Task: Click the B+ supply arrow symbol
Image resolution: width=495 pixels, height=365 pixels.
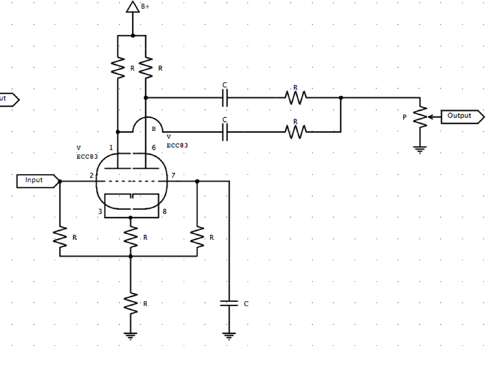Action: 132,7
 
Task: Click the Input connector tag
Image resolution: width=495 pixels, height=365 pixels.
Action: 37,181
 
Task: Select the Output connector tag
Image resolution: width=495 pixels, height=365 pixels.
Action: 462,116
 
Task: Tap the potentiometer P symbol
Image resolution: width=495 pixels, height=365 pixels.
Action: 422,116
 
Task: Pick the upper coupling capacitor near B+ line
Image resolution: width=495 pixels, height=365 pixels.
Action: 225,98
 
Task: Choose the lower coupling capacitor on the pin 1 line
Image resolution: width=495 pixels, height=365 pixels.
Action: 225,131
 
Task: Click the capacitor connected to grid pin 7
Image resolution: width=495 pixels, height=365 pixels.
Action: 230,304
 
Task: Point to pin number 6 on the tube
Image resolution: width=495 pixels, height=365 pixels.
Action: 153,148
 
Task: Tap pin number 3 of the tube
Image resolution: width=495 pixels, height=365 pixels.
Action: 101,211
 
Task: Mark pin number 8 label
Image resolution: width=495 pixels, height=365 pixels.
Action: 165,211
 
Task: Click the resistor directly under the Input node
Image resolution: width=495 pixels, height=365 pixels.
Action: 60,237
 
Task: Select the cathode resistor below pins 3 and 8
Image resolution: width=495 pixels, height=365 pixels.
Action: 131,237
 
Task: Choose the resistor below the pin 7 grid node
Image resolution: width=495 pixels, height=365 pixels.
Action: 197,237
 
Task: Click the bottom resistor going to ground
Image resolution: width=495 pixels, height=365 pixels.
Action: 131,303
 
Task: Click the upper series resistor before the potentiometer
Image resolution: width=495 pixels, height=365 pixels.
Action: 295,98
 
